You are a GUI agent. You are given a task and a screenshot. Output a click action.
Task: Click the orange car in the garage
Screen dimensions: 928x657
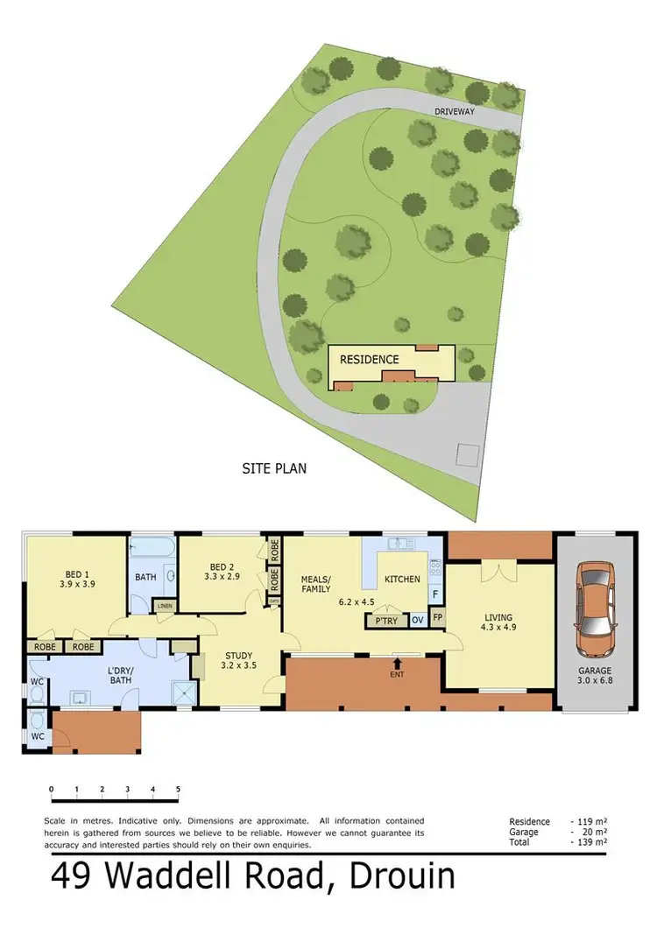tap(593, 601)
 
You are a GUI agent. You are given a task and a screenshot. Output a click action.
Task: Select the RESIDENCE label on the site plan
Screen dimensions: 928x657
tap(369, 359)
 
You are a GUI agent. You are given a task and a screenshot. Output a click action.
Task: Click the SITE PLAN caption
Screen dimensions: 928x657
tap(274, 468)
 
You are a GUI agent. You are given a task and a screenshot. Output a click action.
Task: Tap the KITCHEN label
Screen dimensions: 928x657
tap(402, 579)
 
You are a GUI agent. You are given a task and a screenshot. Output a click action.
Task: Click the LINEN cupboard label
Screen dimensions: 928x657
tap(164, 605)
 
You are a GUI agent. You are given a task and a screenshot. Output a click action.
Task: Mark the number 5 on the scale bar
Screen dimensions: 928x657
tap(178, 789)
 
